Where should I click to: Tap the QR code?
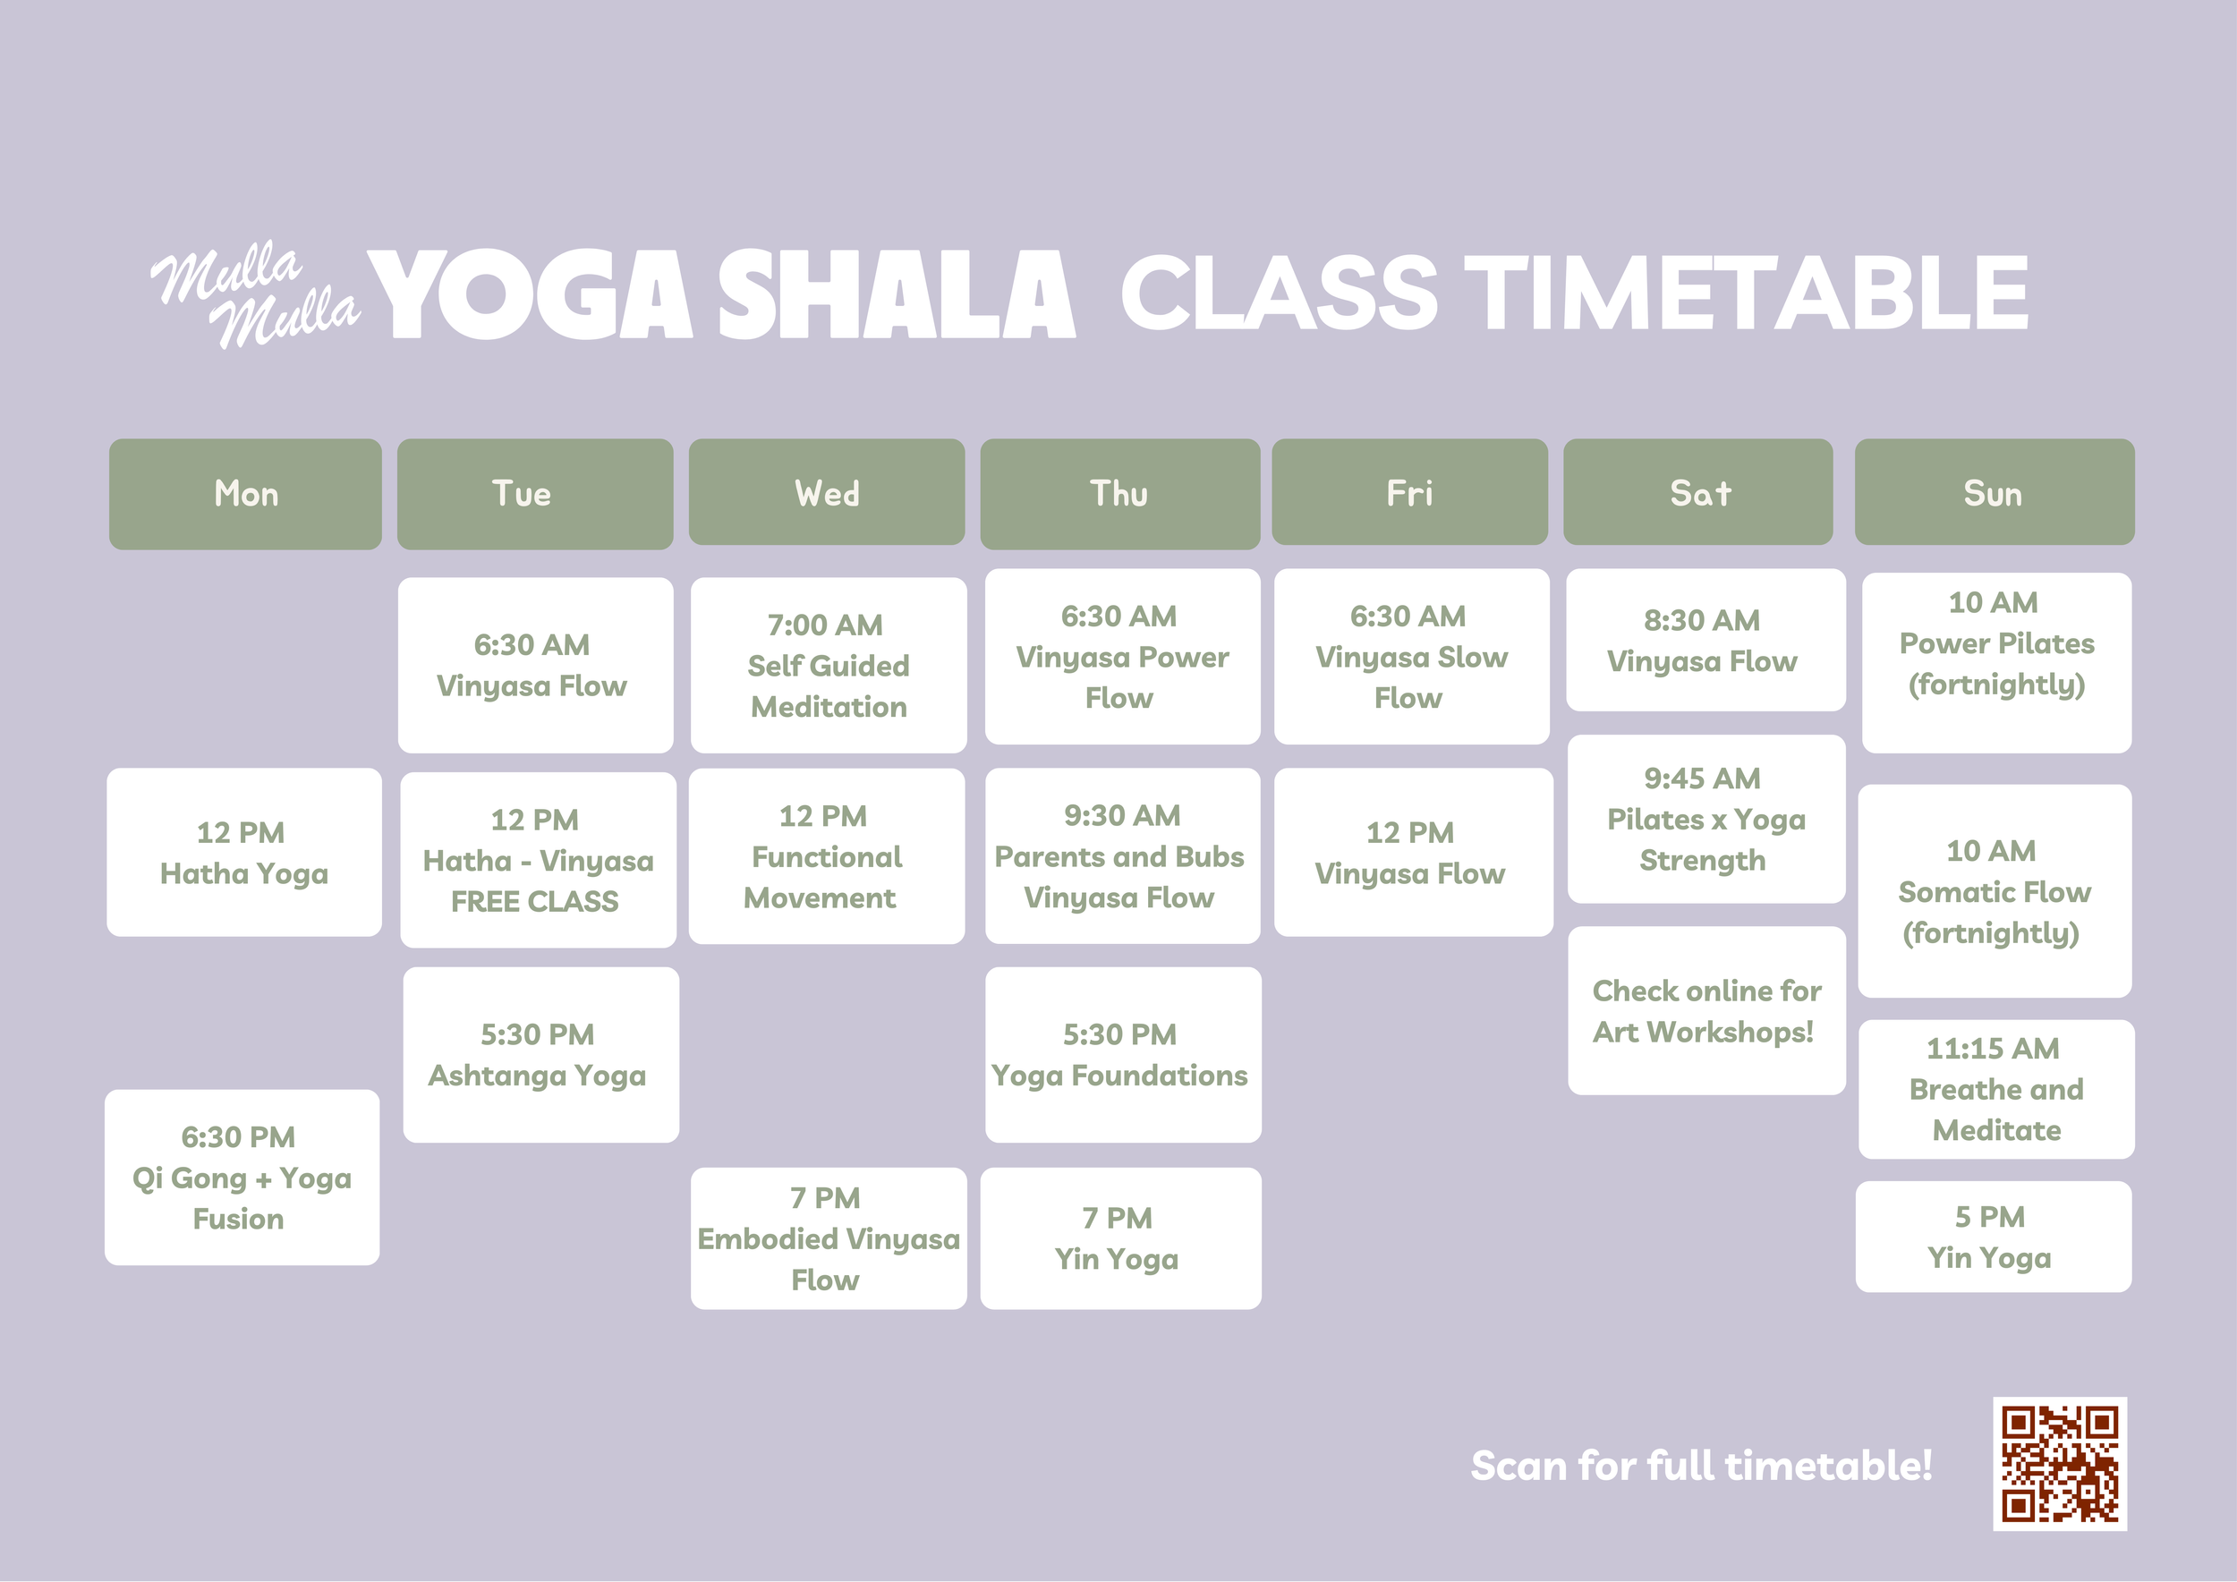point(2060,1463)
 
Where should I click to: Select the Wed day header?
point(826,492)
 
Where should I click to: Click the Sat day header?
point(1698,492)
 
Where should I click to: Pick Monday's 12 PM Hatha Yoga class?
point(244,853)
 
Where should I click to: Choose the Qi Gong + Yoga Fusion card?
point(242,1177)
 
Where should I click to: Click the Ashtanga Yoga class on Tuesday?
point(540,1055)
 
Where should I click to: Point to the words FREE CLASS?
point(535,901)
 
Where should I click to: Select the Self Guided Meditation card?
point(829,666)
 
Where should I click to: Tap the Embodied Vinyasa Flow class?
point(829,1238)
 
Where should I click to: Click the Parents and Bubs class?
point(1122,855)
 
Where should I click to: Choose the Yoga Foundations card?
point(1123,1055)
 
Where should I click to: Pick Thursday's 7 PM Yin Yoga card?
point(1120,1238)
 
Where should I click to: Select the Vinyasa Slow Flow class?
point(1412,657)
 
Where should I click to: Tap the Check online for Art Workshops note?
point(1707,1010)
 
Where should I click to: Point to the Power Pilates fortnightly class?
point(1996,662)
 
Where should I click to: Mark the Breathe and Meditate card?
point(1996,1089)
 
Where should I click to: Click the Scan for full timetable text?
point(1701,1465)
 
